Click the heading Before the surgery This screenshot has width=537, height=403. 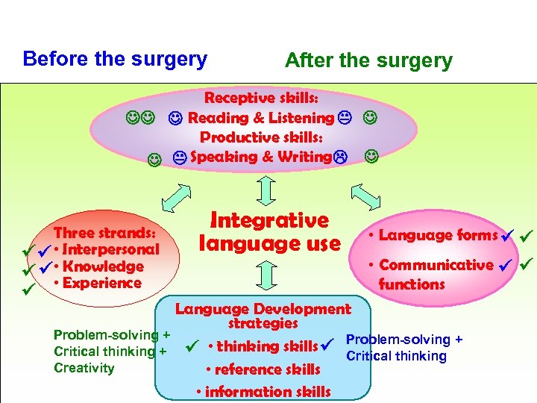tap(115, 59)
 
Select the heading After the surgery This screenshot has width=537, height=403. tap(368, 61)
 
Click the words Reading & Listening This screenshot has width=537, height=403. tap(260, 118)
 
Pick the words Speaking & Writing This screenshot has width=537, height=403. tap(260, 157)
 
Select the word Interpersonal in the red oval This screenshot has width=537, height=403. tap(111, 249)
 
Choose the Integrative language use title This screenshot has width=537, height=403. tap(269, 231)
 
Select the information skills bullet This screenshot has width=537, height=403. tap(262, 392)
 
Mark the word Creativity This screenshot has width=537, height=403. tap(84, 368)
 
